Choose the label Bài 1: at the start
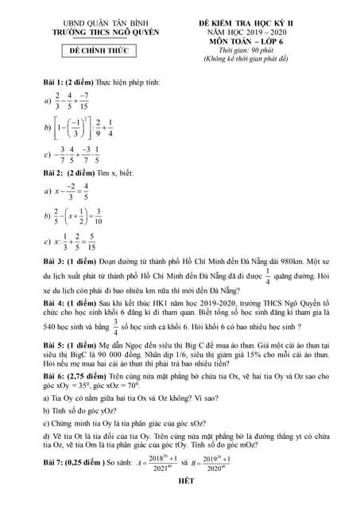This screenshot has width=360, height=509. point(56,83)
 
